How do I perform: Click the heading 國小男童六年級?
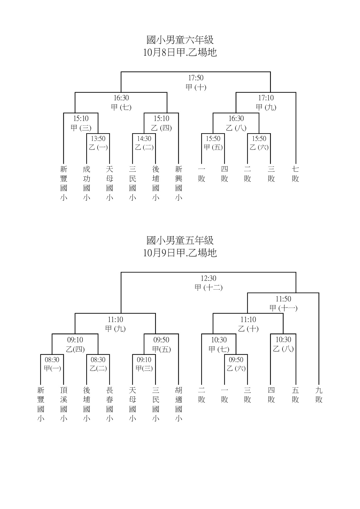(180, 40)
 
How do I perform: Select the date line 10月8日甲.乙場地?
(180, 53)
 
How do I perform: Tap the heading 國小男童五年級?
(180, 240)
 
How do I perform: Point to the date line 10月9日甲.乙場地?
(180, 253)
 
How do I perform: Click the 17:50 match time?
(196, 78)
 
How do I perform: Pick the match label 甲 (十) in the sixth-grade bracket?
(196, 87)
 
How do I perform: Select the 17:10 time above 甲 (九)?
(266, 98)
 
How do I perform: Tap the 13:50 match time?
(98, 138)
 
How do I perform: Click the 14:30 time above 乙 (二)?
(144, 138)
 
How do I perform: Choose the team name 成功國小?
(87, 183)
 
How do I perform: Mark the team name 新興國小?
(179, 183)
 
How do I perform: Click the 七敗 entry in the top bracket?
(296, 174)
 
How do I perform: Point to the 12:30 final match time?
(208, 278)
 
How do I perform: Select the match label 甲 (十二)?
(208, 288)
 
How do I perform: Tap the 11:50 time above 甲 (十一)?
(283, 299)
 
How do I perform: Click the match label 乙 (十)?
(248, 328)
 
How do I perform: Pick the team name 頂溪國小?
(64, 404)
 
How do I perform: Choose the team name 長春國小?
(109, 404)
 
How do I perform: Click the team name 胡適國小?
(179, 404)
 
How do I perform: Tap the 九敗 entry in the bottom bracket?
(319, 395)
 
